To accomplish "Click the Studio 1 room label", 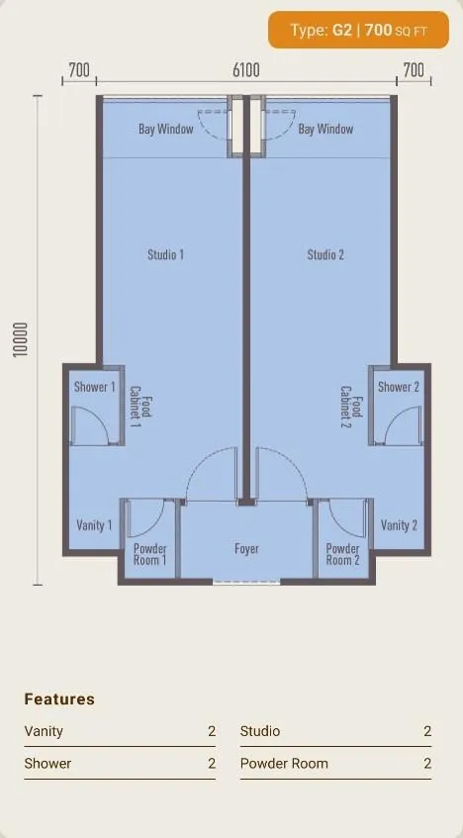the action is [x=166, y=255].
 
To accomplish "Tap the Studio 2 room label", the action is [x=325, y=255].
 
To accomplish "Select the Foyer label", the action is [x=246, y=549].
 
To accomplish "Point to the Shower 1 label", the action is [x=95, y=387].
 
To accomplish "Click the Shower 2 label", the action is [x=399, y=387].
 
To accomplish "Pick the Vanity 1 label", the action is [x=94, y=525].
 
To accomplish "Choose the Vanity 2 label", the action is [x=399, y=525].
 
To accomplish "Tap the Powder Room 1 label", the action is [x=149, y=554].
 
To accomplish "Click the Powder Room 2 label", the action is [x=342, y=554].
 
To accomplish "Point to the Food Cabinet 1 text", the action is [x=141, y=408].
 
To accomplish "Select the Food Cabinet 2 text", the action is [x=352, y=408].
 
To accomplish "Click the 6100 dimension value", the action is [x=246, y=70].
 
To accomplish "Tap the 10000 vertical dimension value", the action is [x=20, y=340].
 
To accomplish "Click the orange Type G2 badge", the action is [x=359, y=30].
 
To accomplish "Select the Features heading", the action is [x=59, y=699].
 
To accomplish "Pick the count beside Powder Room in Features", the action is [x=427, y=763].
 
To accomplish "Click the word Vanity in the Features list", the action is [x=44, y=731].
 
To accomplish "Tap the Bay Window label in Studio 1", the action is [x=166, y=129].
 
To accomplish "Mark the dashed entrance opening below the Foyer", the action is [x=246, y=582].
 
